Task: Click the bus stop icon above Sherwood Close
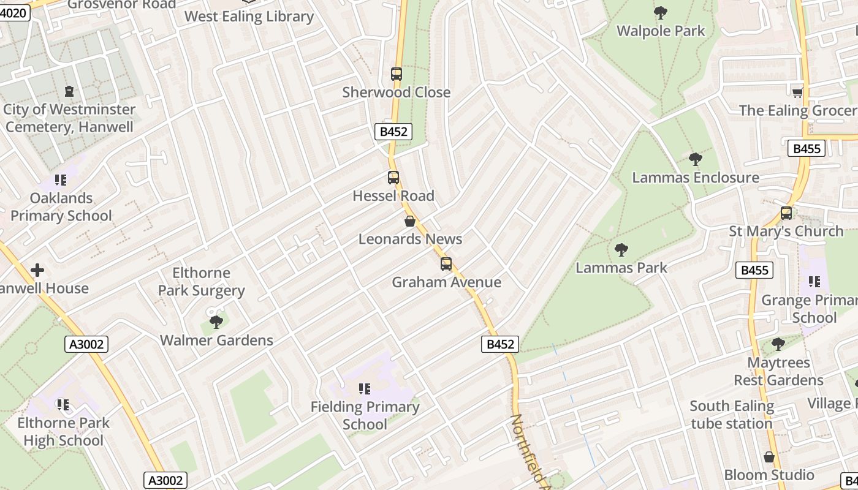[x=397, y=74]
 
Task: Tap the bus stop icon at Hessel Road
[x=393, y=178]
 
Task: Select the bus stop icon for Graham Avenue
[x=446, y=264]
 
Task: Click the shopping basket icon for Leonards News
[x=410, y=221]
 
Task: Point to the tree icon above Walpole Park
[x=661, y=12]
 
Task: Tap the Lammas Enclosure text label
[x=695, y=178]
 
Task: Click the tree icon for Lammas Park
[x=621, y=249]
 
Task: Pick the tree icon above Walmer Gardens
[x=216, y=322]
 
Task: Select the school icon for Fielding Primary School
[x=365, y=388]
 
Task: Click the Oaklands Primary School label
[x=61, y=207]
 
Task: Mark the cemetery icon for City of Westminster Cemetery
[x=69, y=91]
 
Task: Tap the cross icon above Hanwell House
[x=37, y=270]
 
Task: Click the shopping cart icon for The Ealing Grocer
[x=797, y=92]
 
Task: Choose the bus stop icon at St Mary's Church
[x=786, y=213]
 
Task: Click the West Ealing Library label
[x=249, y=17]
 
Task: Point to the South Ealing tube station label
[x=732, y=415]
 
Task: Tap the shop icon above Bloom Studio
[x=769, y=457]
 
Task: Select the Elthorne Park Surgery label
[x=201, y=282]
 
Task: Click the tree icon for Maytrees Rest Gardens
[x=778, y=344]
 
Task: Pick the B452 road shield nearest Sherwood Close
[x=393, y=131]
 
